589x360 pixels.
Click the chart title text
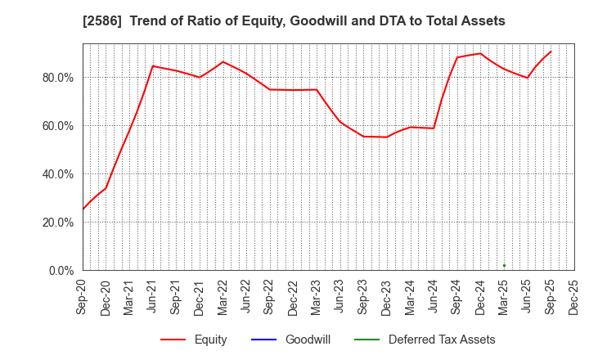click(294, 21)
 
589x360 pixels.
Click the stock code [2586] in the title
click(100, 21)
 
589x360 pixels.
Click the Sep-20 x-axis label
click(83, 296)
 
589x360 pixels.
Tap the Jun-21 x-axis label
click(153, 296)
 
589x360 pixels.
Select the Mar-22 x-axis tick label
click(223, 296)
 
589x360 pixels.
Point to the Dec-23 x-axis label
click(387, 296)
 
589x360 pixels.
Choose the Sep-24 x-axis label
click(457, 296)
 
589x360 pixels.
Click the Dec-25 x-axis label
click(574, 296)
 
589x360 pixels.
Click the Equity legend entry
click(210, 340)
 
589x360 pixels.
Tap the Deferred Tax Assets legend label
click(442, 340)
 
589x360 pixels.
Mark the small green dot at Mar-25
click(504, 265)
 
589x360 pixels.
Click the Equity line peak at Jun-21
click(153, 65)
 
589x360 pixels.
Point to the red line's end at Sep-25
click(551, 52)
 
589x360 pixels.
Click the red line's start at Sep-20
click(83, 209)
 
